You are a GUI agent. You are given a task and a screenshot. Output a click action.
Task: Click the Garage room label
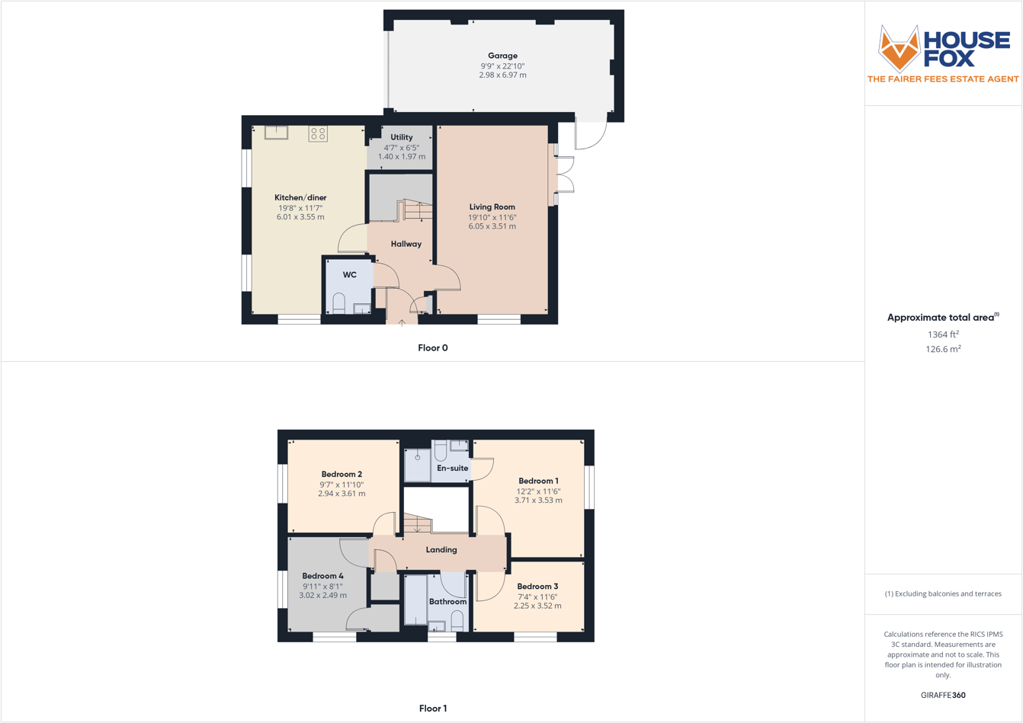(502, 56)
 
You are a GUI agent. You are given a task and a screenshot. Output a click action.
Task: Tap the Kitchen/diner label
(300, 198)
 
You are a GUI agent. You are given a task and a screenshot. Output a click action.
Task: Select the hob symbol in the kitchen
(318, 134)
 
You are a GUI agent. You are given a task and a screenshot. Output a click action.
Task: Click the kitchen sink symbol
(276, 133)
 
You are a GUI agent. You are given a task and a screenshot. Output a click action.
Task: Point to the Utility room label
(402, 138)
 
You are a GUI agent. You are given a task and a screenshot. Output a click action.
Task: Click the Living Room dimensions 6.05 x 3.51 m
(492, 226)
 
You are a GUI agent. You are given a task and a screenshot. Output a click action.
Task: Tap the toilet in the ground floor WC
(339, 303)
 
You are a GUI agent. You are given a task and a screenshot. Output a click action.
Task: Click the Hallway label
(406, 245)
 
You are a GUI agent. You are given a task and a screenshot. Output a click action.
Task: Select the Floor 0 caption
(433, 348)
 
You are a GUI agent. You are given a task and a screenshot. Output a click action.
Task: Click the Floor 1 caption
(433, 709)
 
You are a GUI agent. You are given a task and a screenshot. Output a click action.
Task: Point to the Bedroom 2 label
(342, 475)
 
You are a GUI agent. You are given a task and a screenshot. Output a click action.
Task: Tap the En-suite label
(453, 469)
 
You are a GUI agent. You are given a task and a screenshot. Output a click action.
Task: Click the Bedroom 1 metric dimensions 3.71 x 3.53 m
(538, 501)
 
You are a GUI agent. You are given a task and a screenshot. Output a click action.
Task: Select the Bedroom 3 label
(538, 587)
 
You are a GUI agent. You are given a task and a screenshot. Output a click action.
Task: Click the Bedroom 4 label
(322, 577)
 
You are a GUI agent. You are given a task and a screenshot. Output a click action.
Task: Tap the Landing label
(441, 550)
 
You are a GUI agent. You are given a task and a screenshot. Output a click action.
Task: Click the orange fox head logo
(899, 48)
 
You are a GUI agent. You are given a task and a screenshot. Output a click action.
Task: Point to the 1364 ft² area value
(943, 334)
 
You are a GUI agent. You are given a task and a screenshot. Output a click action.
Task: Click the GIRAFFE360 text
(943, 696)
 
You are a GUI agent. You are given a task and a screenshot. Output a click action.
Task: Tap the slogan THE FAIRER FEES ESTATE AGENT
(943, 79)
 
